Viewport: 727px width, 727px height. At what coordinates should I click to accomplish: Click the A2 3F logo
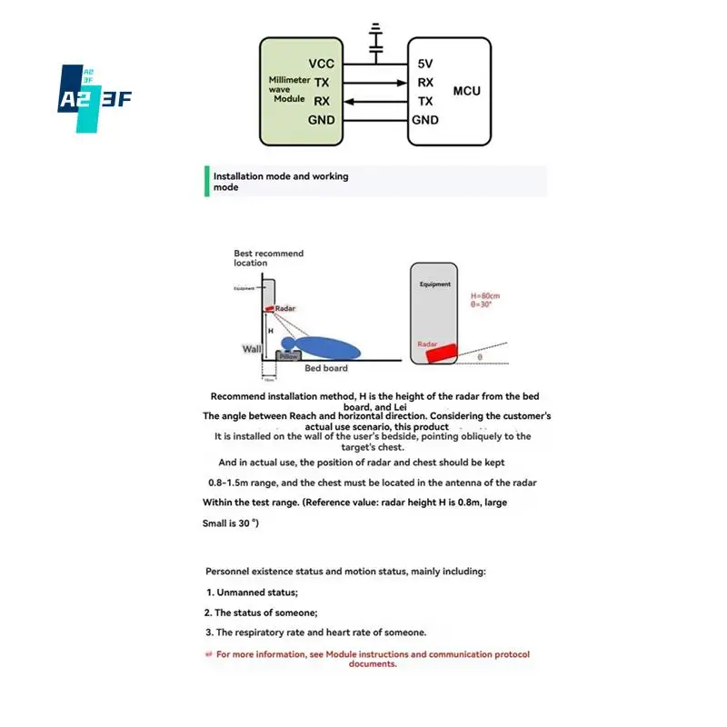95,98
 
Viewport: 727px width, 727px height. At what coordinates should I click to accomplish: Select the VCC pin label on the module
322,65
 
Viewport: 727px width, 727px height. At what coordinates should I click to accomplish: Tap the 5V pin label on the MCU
425,65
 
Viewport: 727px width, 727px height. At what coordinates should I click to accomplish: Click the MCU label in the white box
466,91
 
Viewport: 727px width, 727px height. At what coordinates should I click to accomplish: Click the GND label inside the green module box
322,120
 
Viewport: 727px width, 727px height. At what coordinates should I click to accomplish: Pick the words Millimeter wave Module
290,89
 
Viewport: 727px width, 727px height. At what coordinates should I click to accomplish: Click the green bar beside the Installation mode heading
207,181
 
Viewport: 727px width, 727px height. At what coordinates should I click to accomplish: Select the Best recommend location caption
268,258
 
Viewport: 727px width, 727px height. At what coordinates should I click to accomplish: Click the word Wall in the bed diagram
252,349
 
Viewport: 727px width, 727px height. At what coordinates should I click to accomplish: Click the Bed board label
326,368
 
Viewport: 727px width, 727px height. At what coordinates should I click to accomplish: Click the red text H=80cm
486,296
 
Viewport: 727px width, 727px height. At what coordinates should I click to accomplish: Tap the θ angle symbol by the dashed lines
480,357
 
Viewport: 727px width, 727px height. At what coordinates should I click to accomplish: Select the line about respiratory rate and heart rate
315,632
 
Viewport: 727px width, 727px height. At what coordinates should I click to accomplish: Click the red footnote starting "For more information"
373,658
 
